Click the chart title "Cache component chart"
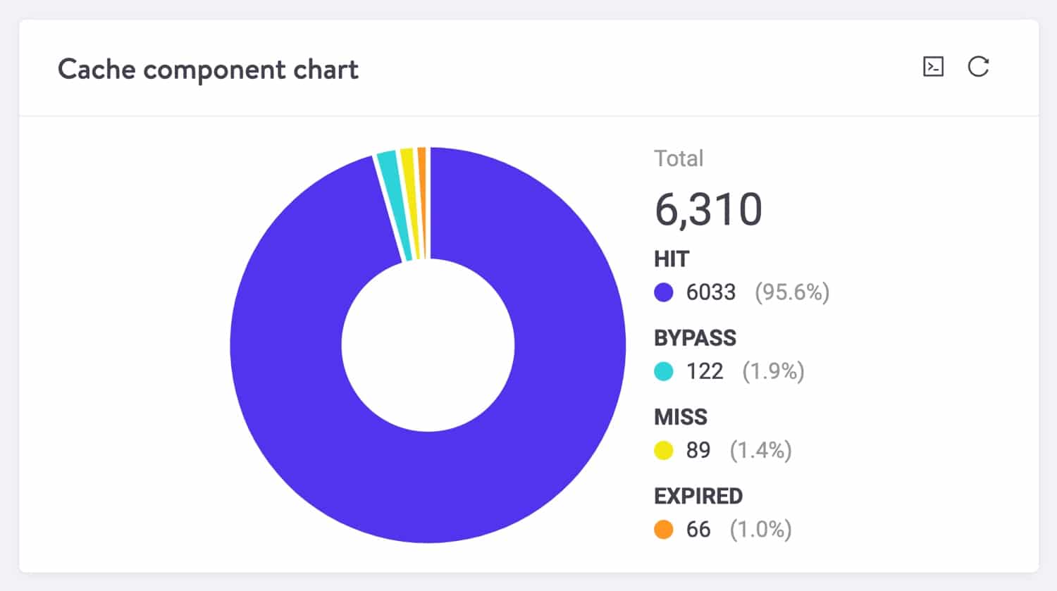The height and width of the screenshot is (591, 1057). pyautogui.click(x=208, y=70)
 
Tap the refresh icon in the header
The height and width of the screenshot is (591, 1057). pyautogui.click(x=978, y=67)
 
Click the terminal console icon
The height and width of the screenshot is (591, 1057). pyautogui.click(x=933, y=67)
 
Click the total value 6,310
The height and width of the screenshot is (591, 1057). pyautogui.click(x=708, y=210)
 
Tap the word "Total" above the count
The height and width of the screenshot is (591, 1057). pyautogui.click(x=679, y=158)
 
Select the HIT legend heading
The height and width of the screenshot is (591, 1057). pyautogui.click(x=672, y=259)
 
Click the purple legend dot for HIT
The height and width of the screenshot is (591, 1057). pyautogui.click(x=664, y=292)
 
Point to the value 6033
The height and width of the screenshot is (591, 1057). pyautogui.click(x=711, y=292)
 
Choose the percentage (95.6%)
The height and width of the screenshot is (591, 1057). pyautogui.click(x=792, y=292)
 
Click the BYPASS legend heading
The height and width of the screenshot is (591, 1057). pyautogui.click(x=695, y=338)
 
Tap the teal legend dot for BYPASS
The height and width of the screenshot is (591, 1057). pyautogui.click(x=664, y=371)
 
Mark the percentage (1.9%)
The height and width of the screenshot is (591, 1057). pyautogui.click(x=773, y=371)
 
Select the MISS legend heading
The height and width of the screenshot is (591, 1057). pyautogui.click(x=680, y=417)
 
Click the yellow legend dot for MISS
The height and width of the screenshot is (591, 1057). pyautogui.click(x=664, y=450)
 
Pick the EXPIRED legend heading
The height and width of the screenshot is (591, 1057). pyautogui.click(x=698, y=496)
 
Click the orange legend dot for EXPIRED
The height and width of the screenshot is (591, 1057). pyautogui.click(x=664, y=529)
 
